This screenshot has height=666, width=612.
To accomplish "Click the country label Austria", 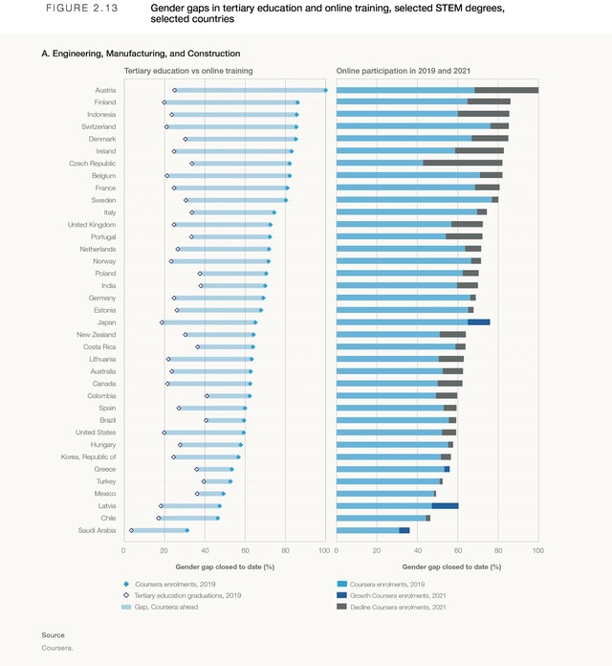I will coord(103,90).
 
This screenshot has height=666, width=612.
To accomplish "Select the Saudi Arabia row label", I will coord(97,530).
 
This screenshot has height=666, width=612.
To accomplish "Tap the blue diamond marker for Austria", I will coord(326,90).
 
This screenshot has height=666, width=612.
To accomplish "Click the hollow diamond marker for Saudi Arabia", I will coord(131,530).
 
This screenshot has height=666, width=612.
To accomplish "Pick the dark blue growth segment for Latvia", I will coord(445,505).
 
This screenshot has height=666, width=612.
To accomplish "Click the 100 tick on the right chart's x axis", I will coord(538,550).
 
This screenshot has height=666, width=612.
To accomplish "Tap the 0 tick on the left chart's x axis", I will coord(123,550).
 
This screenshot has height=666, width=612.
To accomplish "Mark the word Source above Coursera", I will coord(54,635).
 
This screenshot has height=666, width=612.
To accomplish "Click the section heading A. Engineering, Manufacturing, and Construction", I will coord(141,54).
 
